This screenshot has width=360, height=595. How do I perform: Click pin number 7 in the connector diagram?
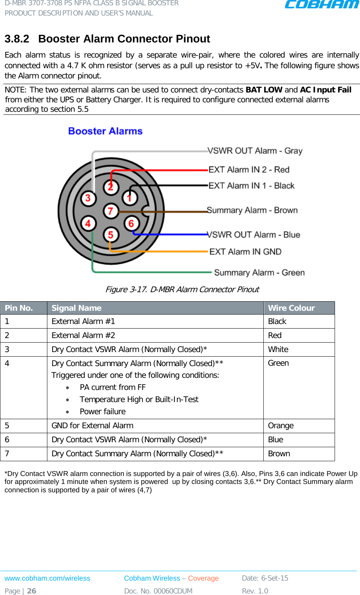(x=111, y=211)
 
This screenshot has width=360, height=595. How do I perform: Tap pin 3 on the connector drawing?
(x=88, y=198)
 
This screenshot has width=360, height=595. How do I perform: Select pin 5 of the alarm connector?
(x=111, y=235)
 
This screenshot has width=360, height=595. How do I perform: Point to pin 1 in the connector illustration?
(x=130, y=197)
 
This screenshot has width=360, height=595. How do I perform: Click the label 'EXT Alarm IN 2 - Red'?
(x=249, y=169)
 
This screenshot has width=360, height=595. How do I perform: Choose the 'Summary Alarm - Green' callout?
(x=259, y=272)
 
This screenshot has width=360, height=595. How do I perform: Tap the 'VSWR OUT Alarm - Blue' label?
(x=254, y=235)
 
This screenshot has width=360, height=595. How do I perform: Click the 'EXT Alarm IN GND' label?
(x=245, y=252)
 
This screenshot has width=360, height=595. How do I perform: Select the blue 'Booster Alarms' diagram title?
(x=105, y=131)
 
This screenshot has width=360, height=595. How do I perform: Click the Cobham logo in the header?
(x=321, y=5)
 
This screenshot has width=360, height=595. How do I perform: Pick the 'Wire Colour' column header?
(x=291, y=308)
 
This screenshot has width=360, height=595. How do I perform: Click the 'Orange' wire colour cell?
(x=281, y=426)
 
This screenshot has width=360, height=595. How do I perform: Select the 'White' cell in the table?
(x=278, y=349)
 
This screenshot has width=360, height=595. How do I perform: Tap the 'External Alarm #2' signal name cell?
(x=83, y=335)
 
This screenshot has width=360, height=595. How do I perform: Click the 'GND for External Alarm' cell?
(x=92, y=426)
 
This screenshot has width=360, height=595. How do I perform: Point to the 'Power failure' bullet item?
(x=103, y=412)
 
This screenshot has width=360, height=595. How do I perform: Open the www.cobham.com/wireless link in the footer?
(x=47, y=578)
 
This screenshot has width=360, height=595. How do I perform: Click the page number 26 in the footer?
(x=32, y=591)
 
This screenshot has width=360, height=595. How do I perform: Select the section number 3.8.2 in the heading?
(x=17, y=39)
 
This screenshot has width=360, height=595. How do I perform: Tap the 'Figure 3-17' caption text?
(x=182, y=290)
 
